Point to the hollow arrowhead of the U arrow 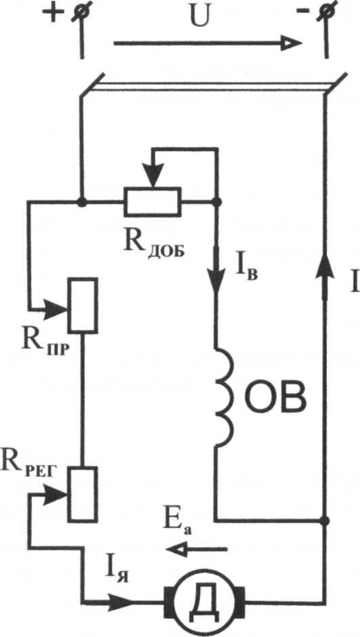coord(292,43)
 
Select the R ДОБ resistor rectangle coord(153,201)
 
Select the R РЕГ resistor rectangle coord(83,493)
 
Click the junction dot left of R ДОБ coord(82,202)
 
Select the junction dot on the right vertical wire coord(325,520)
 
